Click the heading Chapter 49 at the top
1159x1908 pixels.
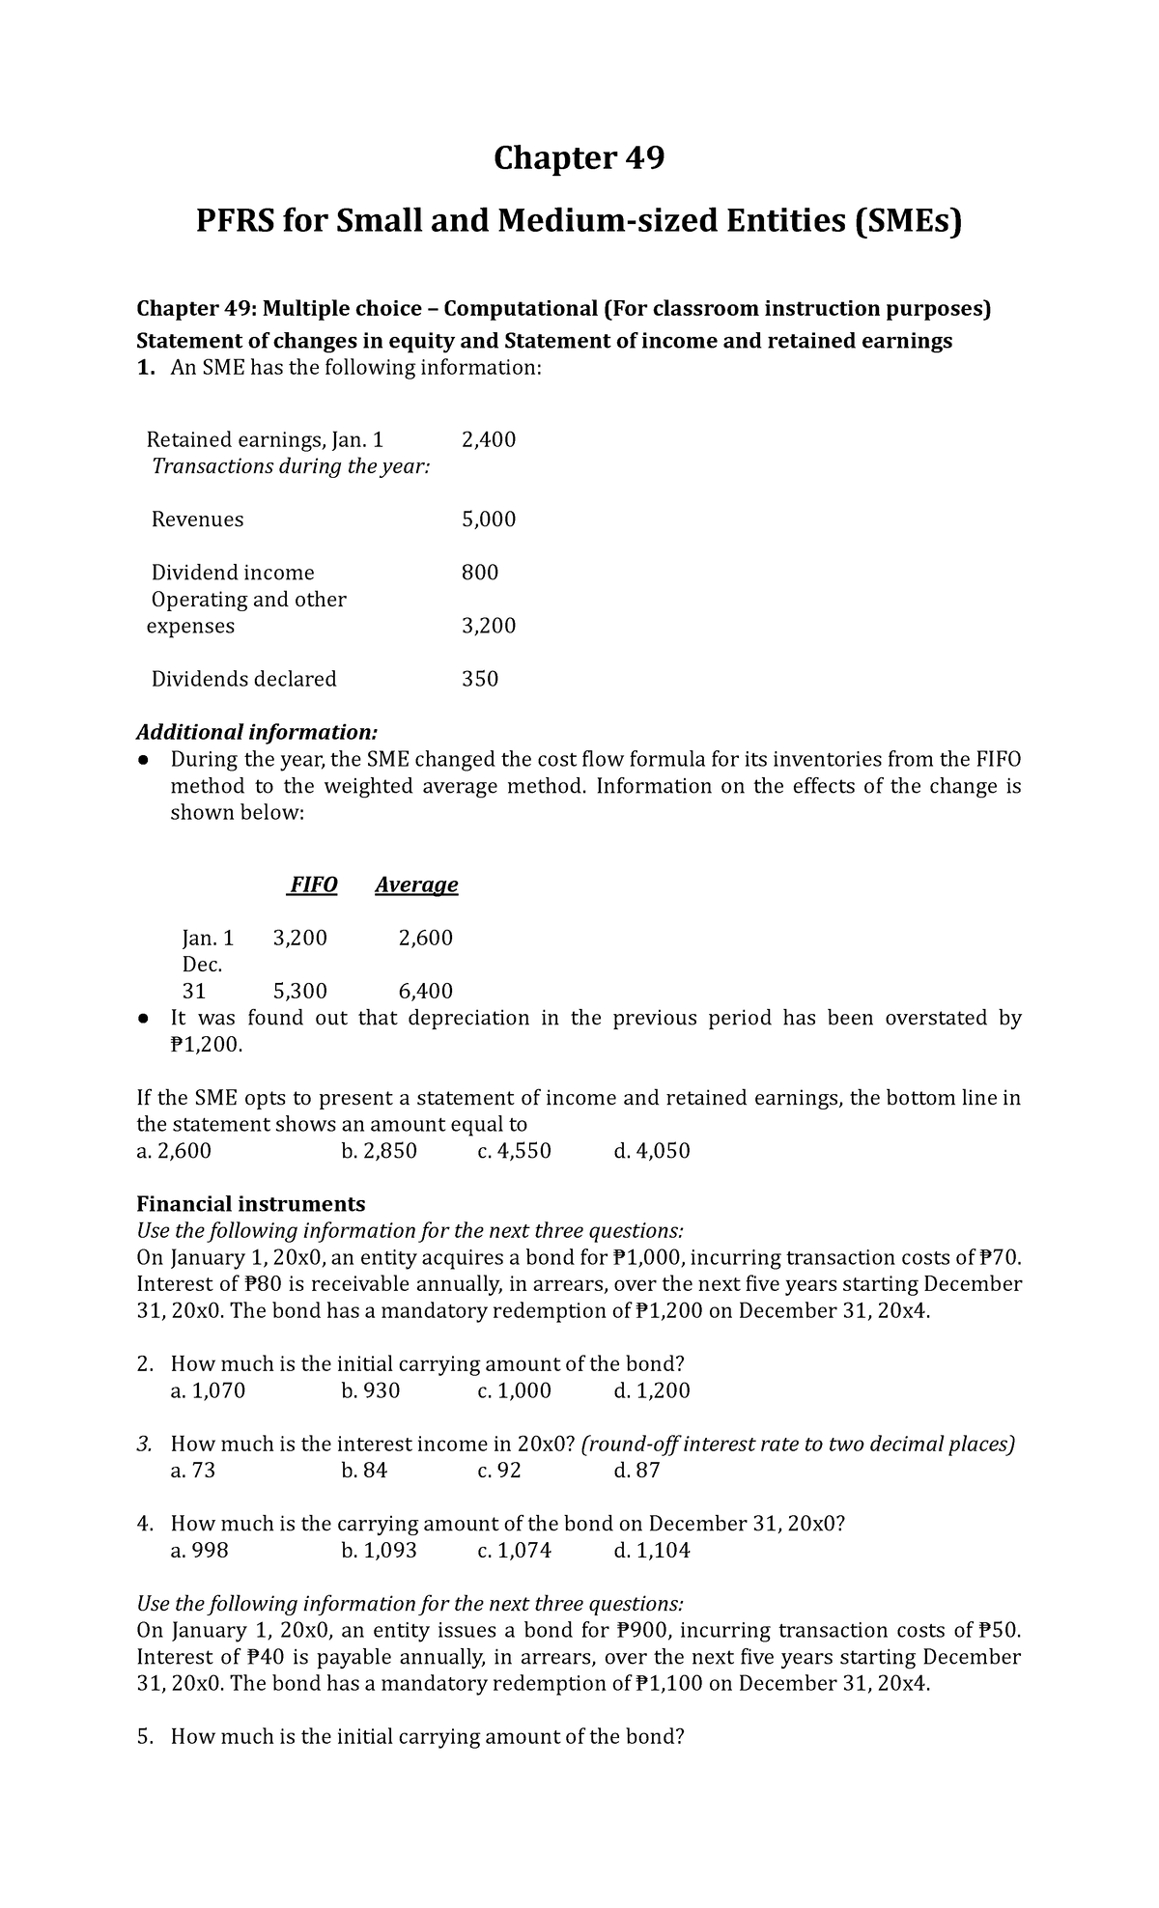pyautogui.click(x=579, y=157)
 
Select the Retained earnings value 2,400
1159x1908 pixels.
pyautogui.click(x=489, y=440)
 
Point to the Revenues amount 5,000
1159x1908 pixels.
pyautogui.click(x=489, y=519)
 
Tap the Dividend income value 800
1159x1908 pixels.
pyautogui.click(x=480, y=573)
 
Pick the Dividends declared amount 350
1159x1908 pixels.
pyautogui.click(x=480, y=679)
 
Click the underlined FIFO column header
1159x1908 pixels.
pyautogui.click(x=312, y=884)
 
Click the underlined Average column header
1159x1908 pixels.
pyautogui.click(x=416, y=884)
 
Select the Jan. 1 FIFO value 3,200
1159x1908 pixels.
pyautogui.click(x=300, y=938)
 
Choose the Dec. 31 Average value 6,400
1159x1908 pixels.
pyautogui.click(x=426, y=991)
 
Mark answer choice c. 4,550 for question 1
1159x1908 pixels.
pyautogui.click(x=515, y=1151)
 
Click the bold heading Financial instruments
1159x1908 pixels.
pyautogui.click(x=251, y=1204)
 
